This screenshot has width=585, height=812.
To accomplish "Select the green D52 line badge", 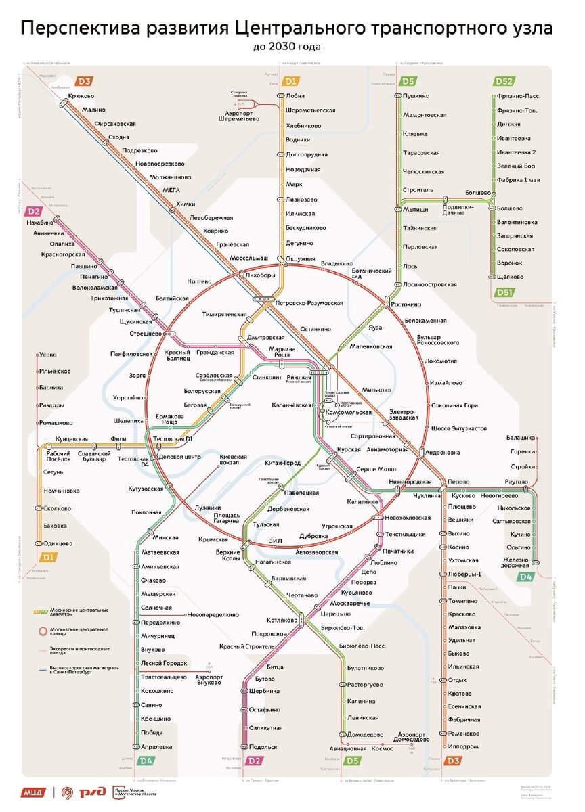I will point(502,82).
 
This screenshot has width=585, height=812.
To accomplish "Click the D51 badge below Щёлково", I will point(502,292).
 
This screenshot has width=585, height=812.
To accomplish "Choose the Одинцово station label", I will point(58,543).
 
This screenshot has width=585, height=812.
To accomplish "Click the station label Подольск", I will point(263,747).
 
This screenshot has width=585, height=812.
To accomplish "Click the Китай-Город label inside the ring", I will point(282,463).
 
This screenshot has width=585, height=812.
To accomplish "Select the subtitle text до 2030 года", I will point(288,47).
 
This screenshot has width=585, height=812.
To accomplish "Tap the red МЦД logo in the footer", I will point(35,792).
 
